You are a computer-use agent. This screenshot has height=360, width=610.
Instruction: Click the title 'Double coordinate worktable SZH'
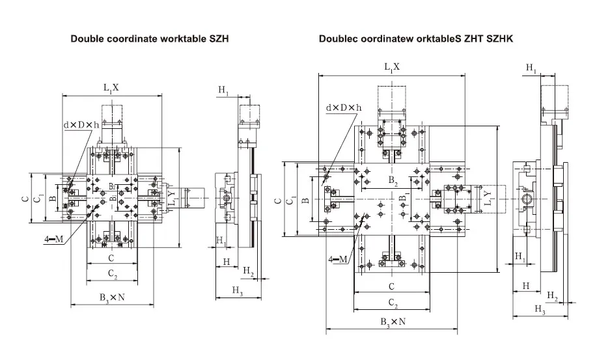[149, 39]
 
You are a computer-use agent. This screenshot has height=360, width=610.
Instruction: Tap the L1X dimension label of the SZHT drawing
[391, 66]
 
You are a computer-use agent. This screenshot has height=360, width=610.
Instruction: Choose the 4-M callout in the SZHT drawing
[339, 259]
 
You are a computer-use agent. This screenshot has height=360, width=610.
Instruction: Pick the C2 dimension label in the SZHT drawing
[391, 303]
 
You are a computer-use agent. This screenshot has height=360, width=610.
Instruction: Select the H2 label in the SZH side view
[248, 270]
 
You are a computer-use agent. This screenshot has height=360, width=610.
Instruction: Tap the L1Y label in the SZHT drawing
[488, 197]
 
